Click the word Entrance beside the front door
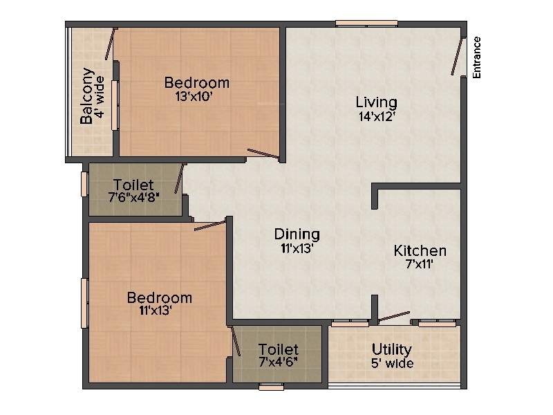tap(477, 57)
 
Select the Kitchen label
tap(420, 250)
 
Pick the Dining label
tap(297, 233)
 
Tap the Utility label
tap(391, 349)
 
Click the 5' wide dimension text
tap(392, 363)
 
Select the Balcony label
tap(87, 95)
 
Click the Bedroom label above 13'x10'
tap(196, 83)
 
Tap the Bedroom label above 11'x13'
tap(159, 297)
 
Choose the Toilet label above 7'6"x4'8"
tap(133, 185)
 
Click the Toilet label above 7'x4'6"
tap(278, 349)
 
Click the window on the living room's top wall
tap(366, 24)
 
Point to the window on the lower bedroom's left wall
tap(84, 302)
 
